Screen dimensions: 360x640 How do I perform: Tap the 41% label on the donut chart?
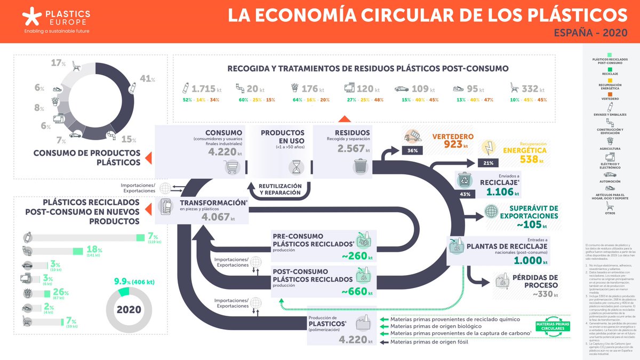(147, 79)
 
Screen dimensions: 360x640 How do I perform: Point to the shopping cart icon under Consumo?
(230, 167)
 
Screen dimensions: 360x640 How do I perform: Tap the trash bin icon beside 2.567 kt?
(359, 167)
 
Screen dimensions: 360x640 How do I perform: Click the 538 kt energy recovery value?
(531, 159)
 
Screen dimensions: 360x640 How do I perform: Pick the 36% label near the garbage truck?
(412, 151)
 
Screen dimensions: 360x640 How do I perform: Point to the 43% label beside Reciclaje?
(465, 194)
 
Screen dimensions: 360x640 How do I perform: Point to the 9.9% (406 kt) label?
(134, 282)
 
